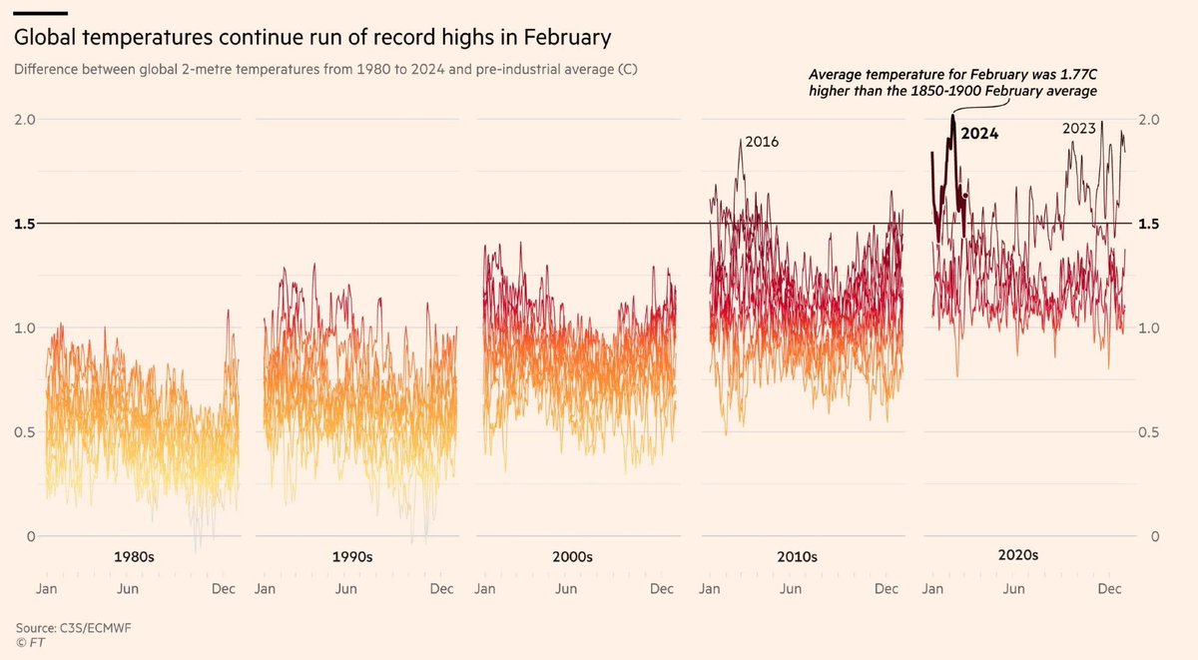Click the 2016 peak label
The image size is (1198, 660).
coord(761,142)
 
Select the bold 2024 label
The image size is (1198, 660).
coord(979,133)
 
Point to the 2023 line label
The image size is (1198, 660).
coord(1079,128)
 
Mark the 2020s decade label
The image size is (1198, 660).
coord(1018,555)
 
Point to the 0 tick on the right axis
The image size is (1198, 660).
coord(1154,536)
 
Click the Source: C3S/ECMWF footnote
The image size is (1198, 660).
coord(64,628)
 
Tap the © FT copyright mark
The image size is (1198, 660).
coord(30,643)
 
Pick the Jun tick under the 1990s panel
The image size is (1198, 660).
coord(345,589)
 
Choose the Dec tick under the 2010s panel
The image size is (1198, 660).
coord(887,589)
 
